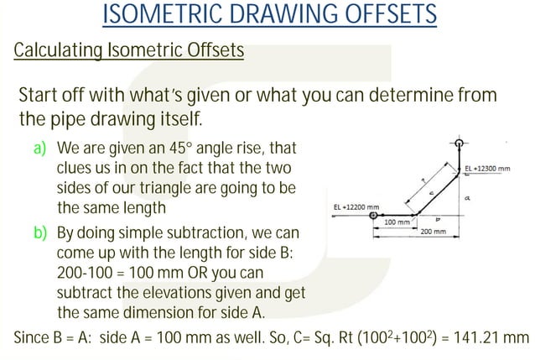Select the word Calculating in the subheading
55,51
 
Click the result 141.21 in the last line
476,337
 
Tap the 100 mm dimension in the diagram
397,222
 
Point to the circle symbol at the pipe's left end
372,216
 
